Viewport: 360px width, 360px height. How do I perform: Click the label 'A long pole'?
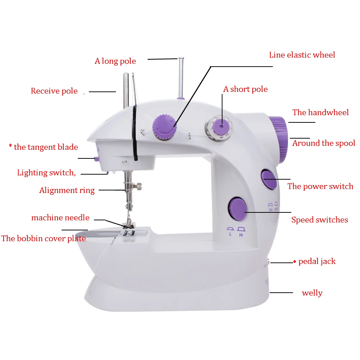(115, 61)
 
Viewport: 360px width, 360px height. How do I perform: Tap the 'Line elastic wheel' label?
(302, 55)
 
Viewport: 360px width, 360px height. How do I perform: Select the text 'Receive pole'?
(54, 91)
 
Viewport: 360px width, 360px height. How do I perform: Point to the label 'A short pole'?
(246, 89)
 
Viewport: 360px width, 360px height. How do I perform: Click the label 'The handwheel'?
(320, 112)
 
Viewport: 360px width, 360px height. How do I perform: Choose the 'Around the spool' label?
(324, 143)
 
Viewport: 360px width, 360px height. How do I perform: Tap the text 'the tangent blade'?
(46, 147)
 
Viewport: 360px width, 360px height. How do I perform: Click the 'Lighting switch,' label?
(46, 173)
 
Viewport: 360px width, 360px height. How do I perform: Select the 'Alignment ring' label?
(67, 190)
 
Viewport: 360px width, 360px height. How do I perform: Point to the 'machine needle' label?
(60, 217)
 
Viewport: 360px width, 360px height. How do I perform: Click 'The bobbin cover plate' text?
(44, 238)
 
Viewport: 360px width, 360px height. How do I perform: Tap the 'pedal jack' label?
(317, 261)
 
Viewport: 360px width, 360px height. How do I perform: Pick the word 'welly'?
(312, 293)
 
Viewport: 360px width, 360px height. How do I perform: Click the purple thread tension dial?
(165, 127)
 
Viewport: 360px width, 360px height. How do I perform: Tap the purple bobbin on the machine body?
(221, 126)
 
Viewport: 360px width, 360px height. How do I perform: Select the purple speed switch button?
(238, 209)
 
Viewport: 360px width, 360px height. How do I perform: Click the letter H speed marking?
(241, 235)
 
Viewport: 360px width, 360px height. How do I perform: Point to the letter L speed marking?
(230, 234)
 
